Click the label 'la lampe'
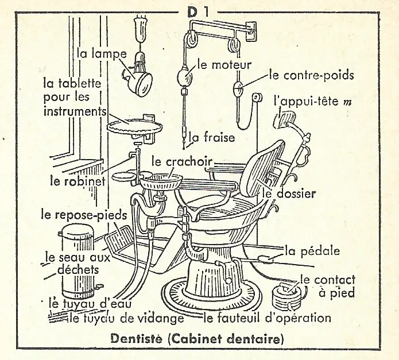point(102,54)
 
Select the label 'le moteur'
point(224,64)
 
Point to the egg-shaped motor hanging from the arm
point(185,76)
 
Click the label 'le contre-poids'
point(312,75)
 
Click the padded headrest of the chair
point(285,118)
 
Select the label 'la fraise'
point(212,138)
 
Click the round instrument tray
point(134,126)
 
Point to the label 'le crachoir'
point(182,161)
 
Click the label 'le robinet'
point(78,181)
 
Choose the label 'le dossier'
point(290,193)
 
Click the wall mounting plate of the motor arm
point(251,31)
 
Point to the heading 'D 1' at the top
point(197,12)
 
